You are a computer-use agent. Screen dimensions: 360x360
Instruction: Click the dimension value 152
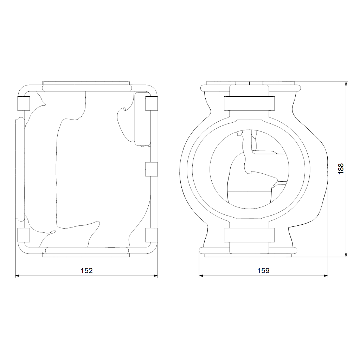[x=86, y=271]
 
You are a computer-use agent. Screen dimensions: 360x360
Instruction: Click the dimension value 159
[x=263, y=271]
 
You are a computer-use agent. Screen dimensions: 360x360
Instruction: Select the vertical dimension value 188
[x=341, y=169]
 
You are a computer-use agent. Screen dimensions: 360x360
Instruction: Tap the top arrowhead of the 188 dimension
[x=346, y=84]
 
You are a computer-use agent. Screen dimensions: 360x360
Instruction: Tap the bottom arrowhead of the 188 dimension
[x=346, y=255]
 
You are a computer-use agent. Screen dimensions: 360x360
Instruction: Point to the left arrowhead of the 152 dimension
[x=18, y=276]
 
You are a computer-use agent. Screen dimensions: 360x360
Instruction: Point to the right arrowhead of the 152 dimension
[x=155, y=276]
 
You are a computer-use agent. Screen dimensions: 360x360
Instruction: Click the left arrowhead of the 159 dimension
[x=201, y=276]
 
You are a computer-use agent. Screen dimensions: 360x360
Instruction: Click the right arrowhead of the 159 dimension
[x=326, y=276]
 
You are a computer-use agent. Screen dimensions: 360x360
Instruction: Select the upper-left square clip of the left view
[x=24, y=104]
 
